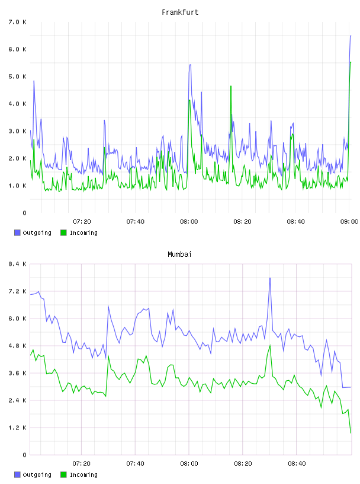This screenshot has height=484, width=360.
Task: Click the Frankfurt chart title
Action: tap(180, 12)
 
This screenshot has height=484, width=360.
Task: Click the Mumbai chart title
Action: tap(179, 254)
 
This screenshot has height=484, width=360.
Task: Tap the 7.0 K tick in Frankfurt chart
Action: tap(17, 22)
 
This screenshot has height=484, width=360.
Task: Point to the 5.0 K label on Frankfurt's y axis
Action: tap(17, 77)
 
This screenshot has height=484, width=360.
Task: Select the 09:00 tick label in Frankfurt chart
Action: tap(349, 221)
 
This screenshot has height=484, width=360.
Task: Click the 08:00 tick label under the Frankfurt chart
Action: tap(189, 221)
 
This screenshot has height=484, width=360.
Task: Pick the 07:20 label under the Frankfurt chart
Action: tap(82, 221)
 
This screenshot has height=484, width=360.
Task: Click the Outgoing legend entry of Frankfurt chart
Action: tap(33, 233)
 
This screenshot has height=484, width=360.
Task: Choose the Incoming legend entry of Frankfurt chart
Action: tap(79, 233)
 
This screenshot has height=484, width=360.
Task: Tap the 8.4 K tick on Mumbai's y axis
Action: tap(17, 264)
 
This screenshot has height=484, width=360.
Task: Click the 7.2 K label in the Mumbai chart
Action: tap(17, 291)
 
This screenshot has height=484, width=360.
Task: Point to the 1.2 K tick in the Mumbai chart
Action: tap(17, 428)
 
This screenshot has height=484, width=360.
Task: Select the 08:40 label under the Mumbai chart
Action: tap(297, 463)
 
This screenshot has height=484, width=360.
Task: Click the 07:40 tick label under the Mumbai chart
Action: tap(136, 463)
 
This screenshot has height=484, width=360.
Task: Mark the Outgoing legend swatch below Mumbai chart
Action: tap(17, 475)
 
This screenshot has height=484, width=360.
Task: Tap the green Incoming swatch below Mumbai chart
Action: tap(63, 475)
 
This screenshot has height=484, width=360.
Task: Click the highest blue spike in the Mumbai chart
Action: tap(270, 278)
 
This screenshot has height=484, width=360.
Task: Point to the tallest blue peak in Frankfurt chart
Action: tap(351, 36)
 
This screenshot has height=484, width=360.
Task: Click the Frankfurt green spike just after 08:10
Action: tap(231, 86)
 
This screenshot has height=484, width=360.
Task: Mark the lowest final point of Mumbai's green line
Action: tap(351, 433)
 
